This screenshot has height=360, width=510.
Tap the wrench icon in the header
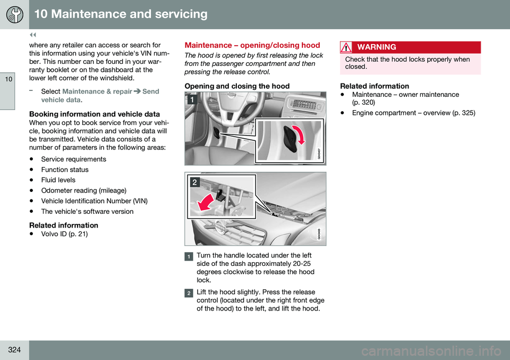[14, 14]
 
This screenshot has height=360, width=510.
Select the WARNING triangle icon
[346, 47]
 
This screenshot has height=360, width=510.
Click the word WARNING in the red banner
[377, 47]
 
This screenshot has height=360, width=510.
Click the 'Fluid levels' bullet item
[58, 180]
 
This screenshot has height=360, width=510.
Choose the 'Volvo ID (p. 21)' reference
[64, 235]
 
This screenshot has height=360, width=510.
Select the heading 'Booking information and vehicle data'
[95, 114]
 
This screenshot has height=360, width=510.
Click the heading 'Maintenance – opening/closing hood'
[252, 46]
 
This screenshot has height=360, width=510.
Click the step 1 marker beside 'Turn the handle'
[189, 256]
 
